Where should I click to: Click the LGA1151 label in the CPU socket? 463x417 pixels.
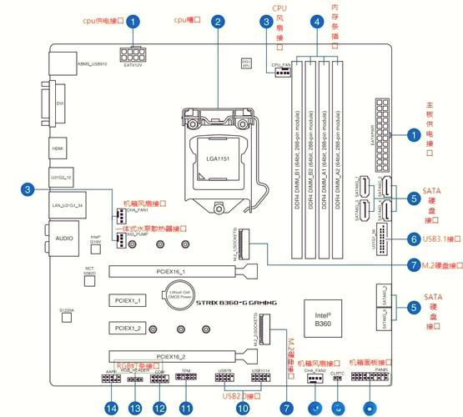(x=218, y=158)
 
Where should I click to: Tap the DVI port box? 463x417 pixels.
(x=61, y=104)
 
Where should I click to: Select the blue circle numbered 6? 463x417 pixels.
(x=414, y=239)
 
